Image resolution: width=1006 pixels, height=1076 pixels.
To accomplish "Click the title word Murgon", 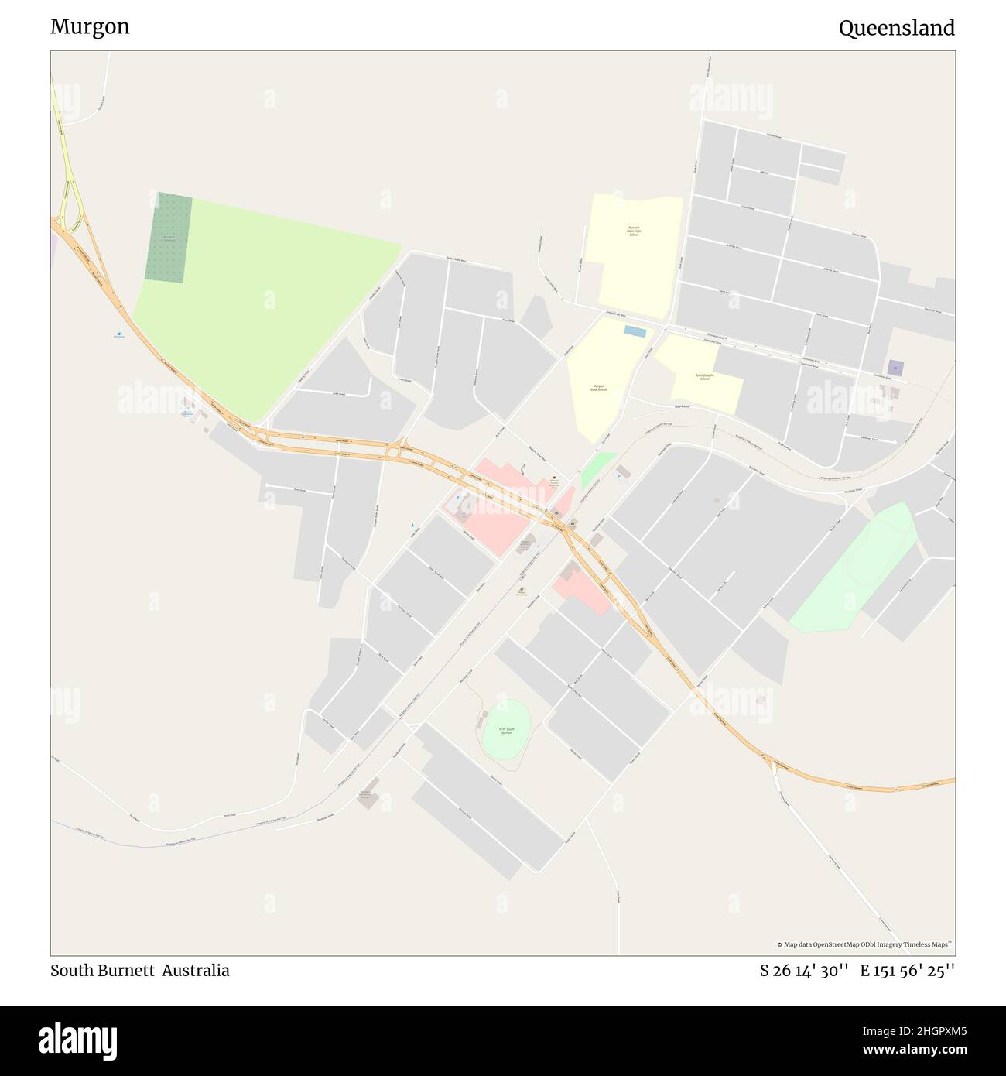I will pyautogui.click(x=90, y=27).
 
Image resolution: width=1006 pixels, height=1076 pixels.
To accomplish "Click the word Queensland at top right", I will pyautogui.click(x=896, y=29).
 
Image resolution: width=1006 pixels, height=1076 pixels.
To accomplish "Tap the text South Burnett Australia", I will pyautogui.click(x=139, y=971).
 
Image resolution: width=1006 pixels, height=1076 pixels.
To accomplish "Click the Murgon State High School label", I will pyautogui.click(x=634, y=231).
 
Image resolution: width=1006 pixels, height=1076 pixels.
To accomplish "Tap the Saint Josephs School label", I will pyautogui.click(x=703, y=377).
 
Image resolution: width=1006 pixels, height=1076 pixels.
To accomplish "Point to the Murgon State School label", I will pyautogui.click(x=598, y=387).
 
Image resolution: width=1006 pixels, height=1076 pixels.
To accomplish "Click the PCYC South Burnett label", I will pyautogui.click(x=506, y=730).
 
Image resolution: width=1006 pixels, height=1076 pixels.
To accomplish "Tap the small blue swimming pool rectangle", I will pyautogui.click(x=635, y=331).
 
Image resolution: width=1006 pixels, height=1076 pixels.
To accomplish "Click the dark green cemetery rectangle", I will pyautogui.click(x=168, y=236).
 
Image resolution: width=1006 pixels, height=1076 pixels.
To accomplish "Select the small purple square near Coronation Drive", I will pyautogui.click(x=895, y=368).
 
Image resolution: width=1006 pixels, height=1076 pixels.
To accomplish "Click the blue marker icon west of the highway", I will pyautogui.click(x=118, y=334).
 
